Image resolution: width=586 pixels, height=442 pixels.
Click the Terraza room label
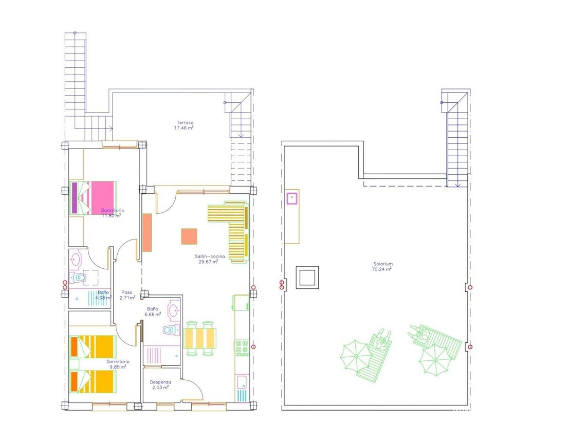(x=185, y=125)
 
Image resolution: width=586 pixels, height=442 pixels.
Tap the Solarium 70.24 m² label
(x=383, y=266)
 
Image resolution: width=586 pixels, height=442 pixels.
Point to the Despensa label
(x=160, y=385)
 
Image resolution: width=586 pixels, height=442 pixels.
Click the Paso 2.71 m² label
(x=126, y=294)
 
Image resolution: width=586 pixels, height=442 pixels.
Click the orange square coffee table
(x=189, y=236)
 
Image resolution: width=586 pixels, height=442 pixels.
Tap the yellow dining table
(x=200, y=338)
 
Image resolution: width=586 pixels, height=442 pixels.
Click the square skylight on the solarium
(x=307, y=278)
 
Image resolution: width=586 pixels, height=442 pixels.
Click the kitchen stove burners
(x=242, y=348)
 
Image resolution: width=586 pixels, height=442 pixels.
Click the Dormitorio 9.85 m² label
(x=118, y=364)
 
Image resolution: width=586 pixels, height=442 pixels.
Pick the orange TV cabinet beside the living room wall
(x=147, y=232)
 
